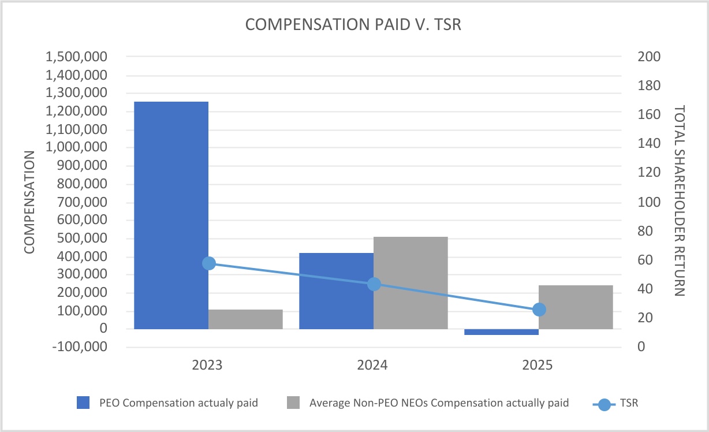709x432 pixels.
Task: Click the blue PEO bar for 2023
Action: (171, 215)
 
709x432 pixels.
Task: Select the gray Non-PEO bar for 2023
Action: (245, 319)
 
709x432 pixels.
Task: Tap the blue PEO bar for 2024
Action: (337, 291)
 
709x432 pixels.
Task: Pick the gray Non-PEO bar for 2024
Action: (411, 283)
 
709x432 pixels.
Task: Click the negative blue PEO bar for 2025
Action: (502, 332)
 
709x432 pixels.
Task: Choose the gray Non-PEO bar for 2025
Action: (576, 307)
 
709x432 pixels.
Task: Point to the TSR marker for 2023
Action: (209, 263)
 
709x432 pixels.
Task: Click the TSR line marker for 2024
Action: (374, 284)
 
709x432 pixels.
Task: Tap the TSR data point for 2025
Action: (539, 310)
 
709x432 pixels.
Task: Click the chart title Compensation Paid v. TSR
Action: (353, 24)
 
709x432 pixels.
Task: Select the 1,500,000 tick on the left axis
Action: (77, 57)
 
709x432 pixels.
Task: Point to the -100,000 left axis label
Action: (80, 347)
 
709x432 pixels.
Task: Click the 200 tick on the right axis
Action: (649, 57)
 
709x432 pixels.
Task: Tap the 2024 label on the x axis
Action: (372, 365)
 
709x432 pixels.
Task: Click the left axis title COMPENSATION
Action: (29, 202)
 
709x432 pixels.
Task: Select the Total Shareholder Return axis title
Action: (680, 201)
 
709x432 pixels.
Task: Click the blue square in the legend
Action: (83, 403)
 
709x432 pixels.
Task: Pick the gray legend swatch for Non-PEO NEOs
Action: (293, 403)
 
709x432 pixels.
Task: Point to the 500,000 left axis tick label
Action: (83, 238)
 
